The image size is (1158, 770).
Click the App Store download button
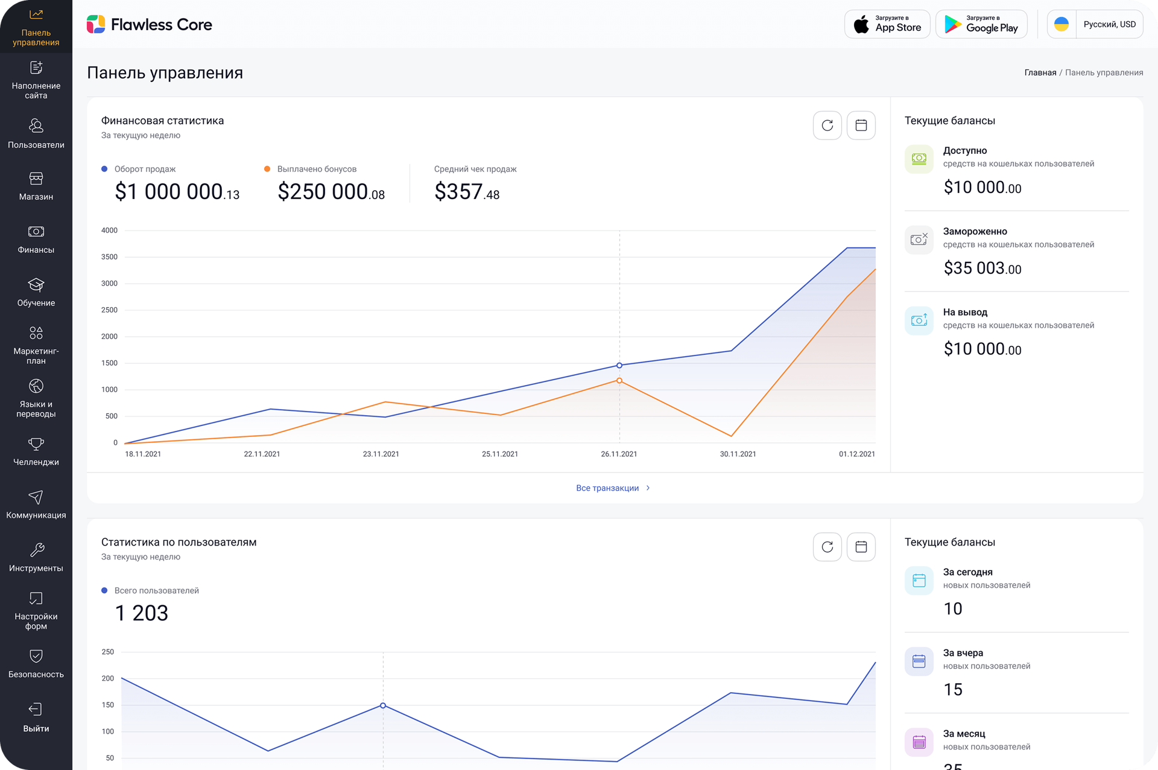[x=887, y=25]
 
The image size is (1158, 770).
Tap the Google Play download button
[x=981, y=25]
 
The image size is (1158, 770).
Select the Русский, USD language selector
[x=1095, y=25]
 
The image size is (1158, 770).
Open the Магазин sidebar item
[x=36, y=186]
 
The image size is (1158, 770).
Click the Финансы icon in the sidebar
[x=36, y=232]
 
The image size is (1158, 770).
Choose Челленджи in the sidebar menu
[x=36, y=451]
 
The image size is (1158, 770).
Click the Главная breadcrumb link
[x=1040, y=73]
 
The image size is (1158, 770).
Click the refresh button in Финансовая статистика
[x=827, y=126]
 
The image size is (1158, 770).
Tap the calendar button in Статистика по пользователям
[x=861, y=547]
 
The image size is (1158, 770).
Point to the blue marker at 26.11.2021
[x=619, y=366]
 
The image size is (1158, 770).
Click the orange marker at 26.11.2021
[x=619, y=381]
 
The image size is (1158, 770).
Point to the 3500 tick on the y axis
[x=109, y=257]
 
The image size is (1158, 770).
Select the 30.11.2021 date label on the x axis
[x=738, y=454]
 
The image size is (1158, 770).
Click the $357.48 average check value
[x=467, y=192]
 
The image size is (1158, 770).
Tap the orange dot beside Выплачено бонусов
[x=267, y=169]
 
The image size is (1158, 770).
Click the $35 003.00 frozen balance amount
[x=982, y=269]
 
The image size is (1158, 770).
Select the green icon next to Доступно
[x=919, y=159]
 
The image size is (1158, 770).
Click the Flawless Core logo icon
[x=96, y=25]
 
